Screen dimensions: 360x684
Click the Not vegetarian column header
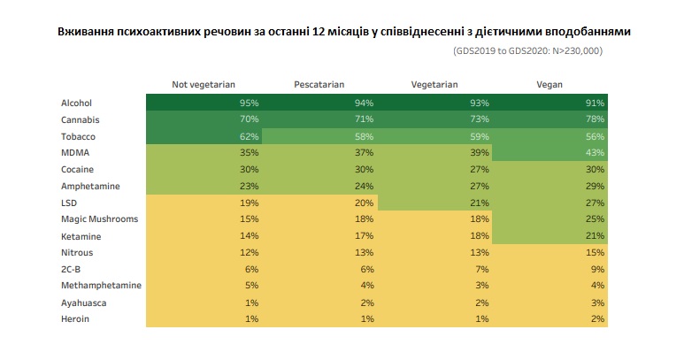tap(203, 85)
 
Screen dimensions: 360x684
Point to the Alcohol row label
tap(76, 103)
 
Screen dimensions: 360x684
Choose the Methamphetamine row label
tap(101, 285)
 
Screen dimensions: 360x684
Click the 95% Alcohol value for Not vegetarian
tap(250, 103)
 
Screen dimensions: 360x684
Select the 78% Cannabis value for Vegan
tap(595, 119)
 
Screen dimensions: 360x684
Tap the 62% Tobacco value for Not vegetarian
tap(250, 136)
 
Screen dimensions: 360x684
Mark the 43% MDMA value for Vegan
tap(595, 152)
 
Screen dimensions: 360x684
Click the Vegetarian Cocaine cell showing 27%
tap(480, 169)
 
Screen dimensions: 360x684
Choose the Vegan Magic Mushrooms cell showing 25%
tap(595, 218)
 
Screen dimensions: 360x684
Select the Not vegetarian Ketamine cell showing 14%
tap(250, 235)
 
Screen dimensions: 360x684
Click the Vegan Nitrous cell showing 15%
tap(595, 252)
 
